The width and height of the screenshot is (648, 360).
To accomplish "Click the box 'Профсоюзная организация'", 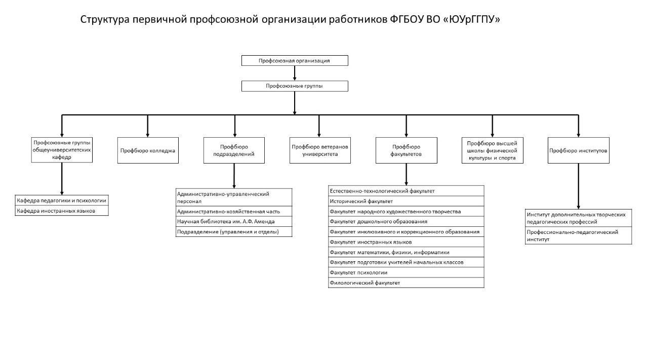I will [295, 61].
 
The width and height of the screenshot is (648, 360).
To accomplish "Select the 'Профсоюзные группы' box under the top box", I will [295, 86].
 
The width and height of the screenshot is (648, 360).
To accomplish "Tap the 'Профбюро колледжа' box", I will [148, 150].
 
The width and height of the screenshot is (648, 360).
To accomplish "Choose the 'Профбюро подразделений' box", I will [234, 150].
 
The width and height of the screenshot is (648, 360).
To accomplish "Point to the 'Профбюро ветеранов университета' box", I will [320, 150].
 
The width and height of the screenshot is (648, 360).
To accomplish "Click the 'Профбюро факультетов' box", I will [406, 150].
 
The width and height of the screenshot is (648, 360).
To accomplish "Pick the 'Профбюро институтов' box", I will [578, 150].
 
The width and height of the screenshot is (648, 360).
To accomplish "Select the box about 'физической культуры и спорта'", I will [492, 150].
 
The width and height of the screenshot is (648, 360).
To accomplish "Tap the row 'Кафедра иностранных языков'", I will [62, 211].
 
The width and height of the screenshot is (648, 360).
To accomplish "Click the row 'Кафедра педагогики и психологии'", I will [62, 201].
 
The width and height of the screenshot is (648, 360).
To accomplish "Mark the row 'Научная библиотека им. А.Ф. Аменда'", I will [234, 222].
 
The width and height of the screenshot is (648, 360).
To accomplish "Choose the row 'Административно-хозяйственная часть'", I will [234, 211].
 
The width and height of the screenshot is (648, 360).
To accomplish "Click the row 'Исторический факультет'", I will [406, 201].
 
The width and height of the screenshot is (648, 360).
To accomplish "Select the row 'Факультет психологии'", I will [406, 272].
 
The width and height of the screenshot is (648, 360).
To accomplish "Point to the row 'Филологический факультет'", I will [406, 283].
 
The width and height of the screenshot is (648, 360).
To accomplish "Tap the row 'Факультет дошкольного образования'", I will [406, 221].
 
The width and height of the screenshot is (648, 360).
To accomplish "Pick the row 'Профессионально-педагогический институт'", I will [578, 235].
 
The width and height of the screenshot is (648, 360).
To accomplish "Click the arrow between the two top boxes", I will [295, 73].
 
